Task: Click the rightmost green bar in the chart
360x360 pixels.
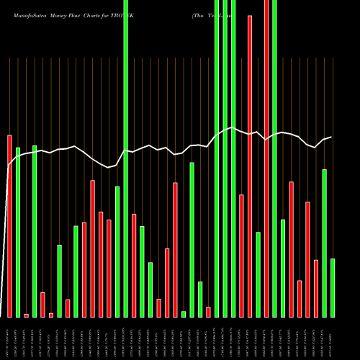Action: click(333, 287)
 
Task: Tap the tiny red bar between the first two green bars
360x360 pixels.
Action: click(26, 315)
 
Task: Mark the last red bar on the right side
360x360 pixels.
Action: click(316, 288)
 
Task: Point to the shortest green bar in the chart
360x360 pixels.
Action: click(184, 314)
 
